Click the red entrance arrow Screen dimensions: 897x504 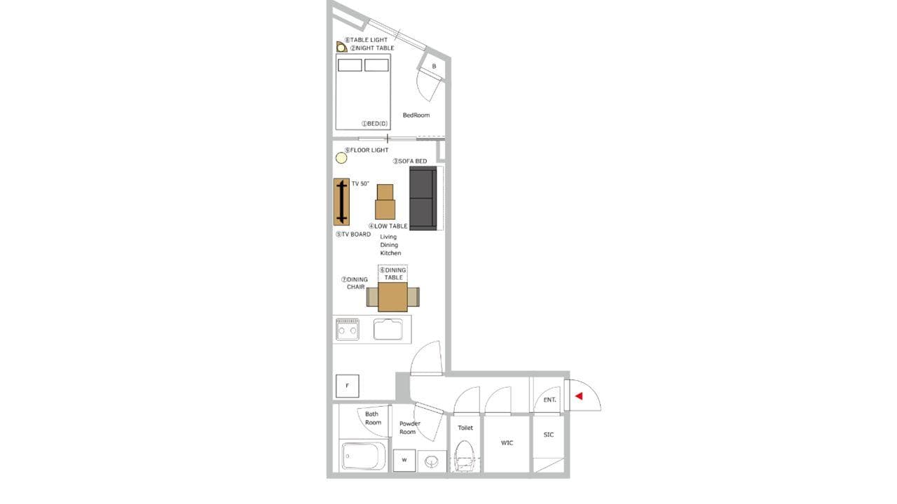579,396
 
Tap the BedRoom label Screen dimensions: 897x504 416,115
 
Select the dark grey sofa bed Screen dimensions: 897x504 423,198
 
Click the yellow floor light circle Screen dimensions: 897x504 341,158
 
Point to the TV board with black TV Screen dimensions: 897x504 341,202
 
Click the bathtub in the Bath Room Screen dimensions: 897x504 364,456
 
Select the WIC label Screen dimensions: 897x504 507,443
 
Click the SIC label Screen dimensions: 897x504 549,435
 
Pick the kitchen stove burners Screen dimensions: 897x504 347,329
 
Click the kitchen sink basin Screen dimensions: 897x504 388,329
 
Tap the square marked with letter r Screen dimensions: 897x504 347,386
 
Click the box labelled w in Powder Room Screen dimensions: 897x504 404,461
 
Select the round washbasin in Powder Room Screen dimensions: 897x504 431,462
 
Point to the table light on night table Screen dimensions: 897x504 341,47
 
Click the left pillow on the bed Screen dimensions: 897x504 350,65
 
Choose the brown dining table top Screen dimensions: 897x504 393,297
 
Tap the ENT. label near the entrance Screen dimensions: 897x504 549,400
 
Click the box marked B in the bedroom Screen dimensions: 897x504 434,66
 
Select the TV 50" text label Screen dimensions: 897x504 360,183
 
